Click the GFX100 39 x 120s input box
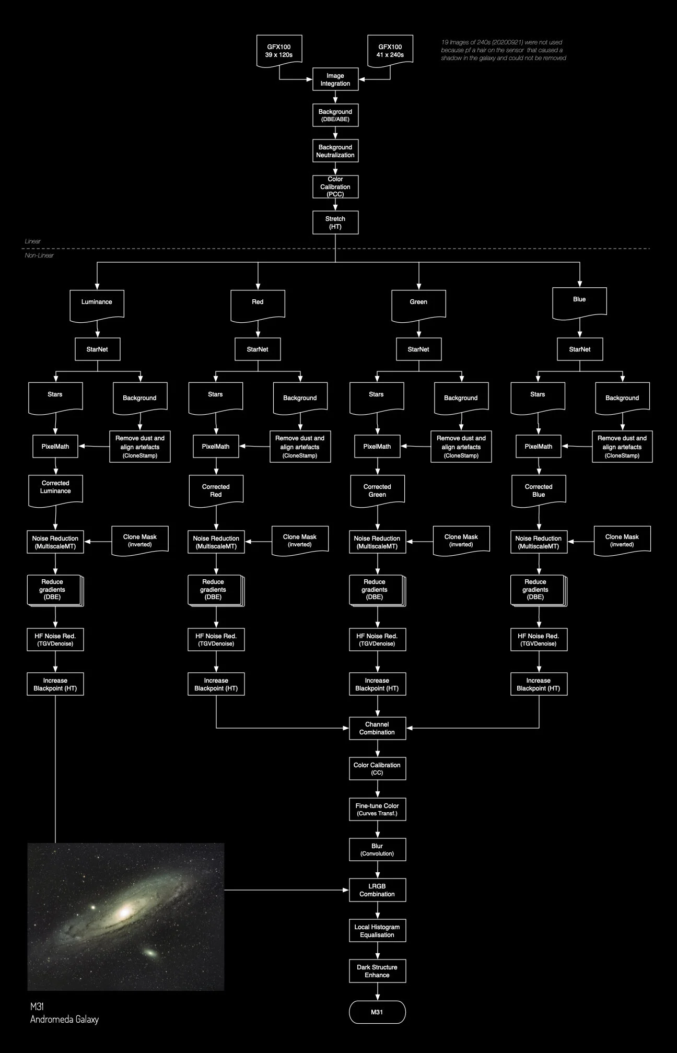pos(279,50)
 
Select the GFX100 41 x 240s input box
pos(390,50)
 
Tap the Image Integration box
pos(335,79)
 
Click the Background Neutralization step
pos(335,151)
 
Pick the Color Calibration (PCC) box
pos(335,186)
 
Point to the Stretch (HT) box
pos(335,223)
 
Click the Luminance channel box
pos(97,302)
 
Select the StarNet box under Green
pos(418,349)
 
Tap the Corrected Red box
pos(216,490)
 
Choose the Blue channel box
pos(579,300)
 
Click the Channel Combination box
pos(377,728)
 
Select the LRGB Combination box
pos(377,890)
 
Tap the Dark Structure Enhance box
pos(377,971)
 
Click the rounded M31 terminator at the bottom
pos(377,1012)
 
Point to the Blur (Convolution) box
pos(377,850)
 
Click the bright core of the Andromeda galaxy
pos(125,912)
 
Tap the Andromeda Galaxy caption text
pos(64,1019)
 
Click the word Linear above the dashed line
pos(32,241)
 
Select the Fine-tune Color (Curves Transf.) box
pos(377,809)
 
